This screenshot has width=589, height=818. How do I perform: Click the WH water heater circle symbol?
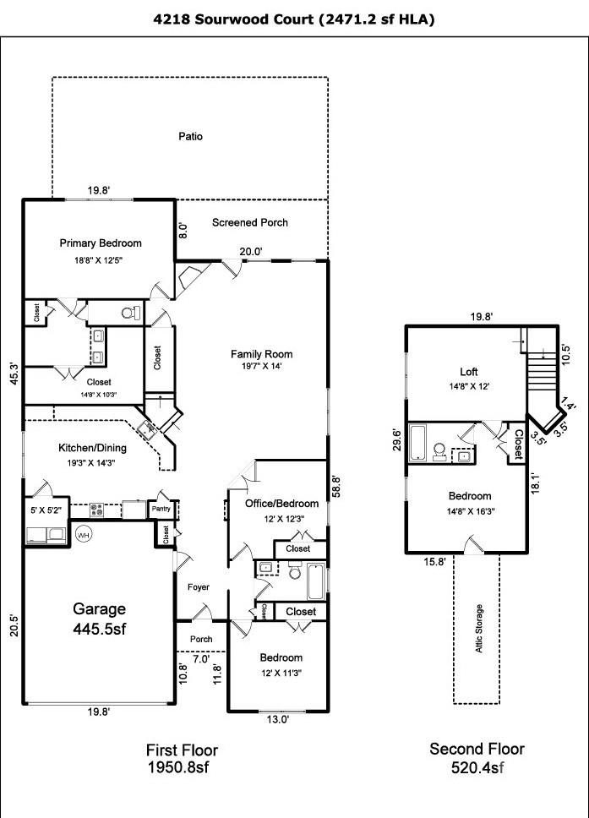pos(84,535)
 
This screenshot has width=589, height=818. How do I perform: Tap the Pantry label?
pos(161,510)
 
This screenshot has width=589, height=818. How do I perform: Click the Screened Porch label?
pos(249,222)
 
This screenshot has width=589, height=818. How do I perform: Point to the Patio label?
pos(190,136)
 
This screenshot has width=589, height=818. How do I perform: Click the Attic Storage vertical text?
pos(479,628)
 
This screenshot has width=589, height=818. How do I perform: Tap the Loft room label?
pos(468,371)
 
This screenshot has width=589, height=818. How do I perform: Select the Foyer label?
pos(198,587)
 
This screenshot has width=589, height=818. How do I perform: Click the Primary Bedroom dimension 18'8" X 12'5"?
pos(101,261)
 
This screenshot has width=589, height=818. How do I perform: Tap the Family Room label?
pos(261,354)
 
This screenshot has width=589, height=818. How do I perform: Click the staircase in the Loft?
pos(541,365)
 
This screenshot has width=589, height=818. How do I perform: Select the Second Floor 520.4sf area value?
pos(477,767)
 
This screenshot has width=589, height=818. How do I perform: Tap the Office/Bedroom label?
pos(281,504)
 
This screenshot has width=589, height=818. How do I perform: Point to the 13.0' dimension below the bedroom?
pos(278,719)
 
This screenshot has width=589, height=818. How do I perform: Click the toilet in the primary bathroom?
pos(130,313)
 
